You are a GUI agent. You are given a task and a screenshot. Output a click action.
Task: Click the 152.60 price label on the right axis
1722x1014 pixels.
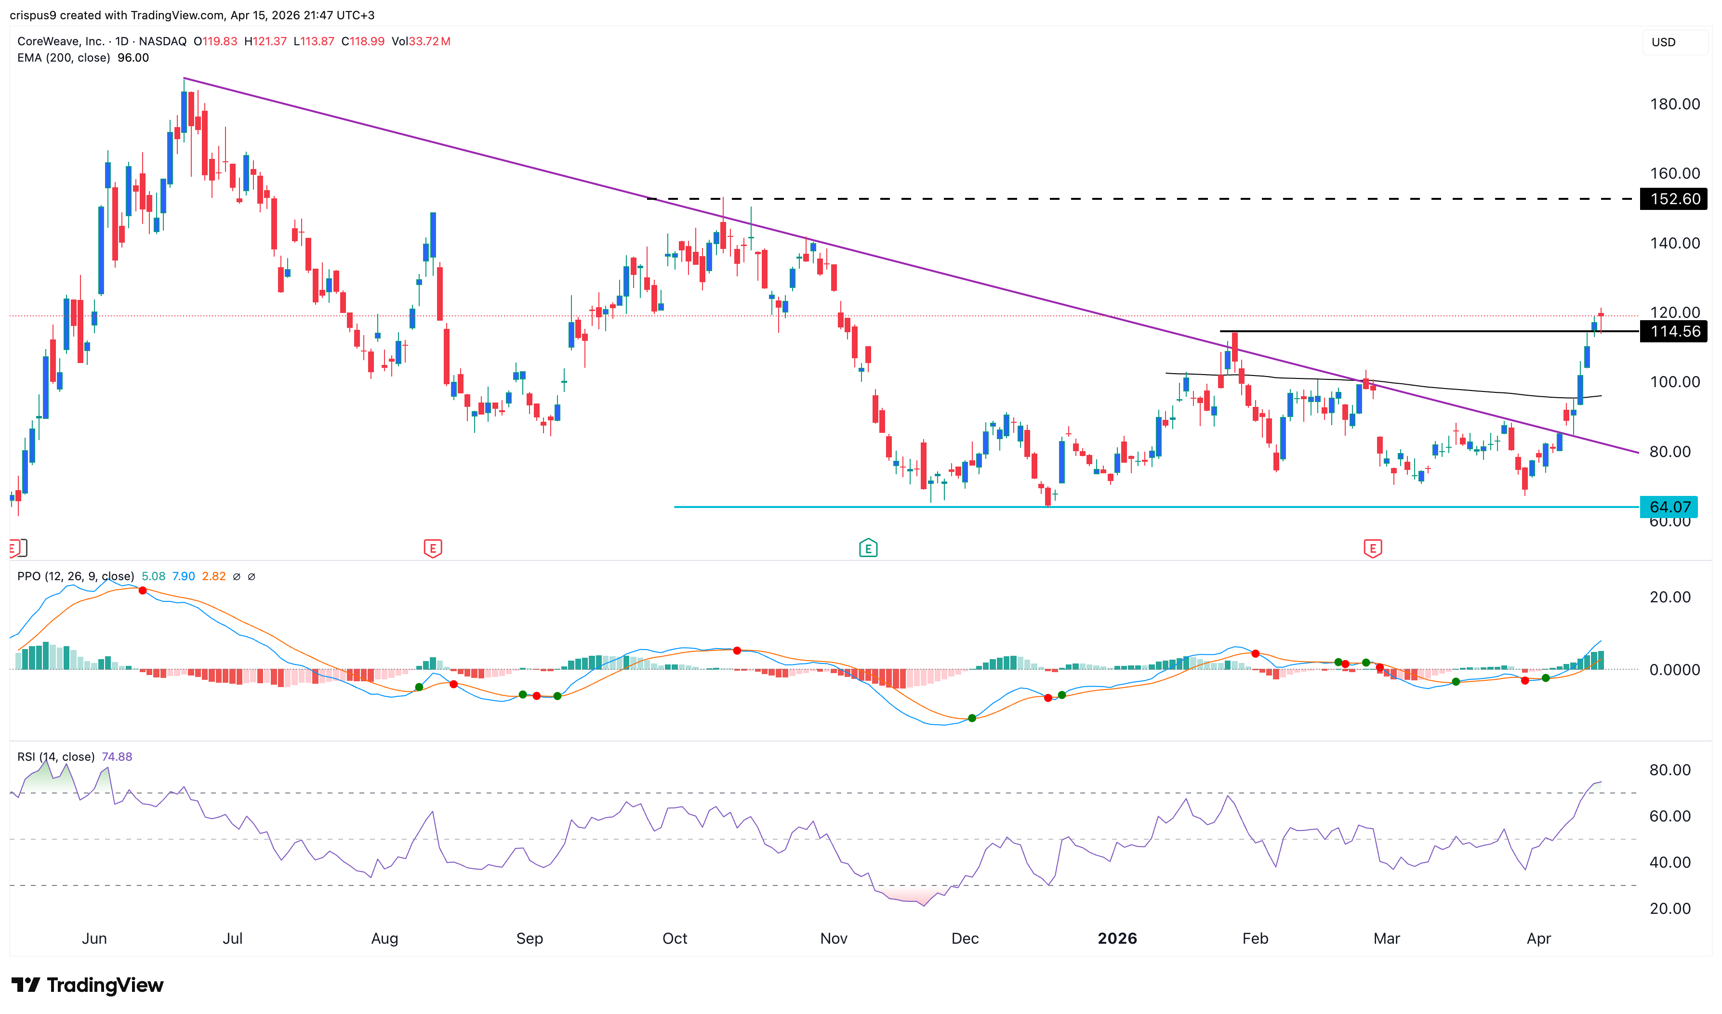point(1674,199)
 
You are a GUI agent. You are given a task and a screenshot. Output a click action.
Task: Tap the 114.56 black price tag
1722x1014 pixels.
point(1674,331)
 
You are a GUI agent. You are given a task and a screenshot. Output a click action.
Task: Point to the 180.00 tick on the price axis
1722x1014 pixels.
point(1674,104)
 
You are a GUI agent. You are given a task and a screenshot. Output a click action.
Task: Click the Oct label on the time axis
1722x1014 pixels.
point(675,938)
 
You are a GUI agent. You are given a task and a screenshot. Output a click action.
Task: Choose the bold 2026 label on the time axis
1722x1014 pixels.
point(1117,938)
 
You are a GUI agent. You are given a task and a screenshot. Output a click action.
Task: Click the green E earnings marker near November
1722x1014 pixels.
point(867,548)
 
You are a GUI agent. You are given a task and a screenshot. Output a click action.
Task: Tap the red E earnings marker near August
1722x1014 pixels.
point(433,548)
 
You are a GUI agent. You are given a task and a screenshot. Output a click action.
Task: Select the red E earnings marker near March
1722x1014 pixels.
point(1373,548)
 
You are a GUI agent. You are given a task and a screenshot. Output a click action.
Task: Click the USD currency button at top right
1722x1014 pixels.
point(1664,42)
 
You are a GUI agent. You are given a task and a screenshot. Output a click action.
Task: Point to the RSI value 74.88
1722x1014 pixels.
point(117,756)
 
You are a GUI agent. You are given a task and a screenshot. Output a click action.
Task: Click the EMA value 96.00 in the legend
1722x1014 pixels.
point(133,57)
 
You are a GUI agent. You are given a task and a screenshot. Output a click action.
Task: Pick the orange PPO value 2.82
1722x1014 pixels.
point(214,576)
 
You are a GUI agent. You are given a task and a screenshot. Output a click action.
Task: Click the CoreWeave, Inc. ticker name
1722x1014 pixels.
point(61,41)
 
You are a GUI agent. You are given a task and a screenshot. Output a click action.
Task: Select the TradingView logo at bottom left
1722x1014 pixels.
point(88,985)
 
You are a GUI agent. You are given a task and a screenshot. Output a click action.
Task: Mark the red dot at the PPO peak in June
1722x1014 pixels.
point(142,590)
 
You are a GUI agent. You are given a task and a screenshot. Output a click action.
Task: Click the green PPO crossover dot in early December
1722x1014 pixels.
point(972,718)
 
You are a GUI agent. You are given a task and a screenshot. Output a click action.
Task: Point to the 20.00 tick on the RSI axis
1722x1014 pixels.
point(1669,908)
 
